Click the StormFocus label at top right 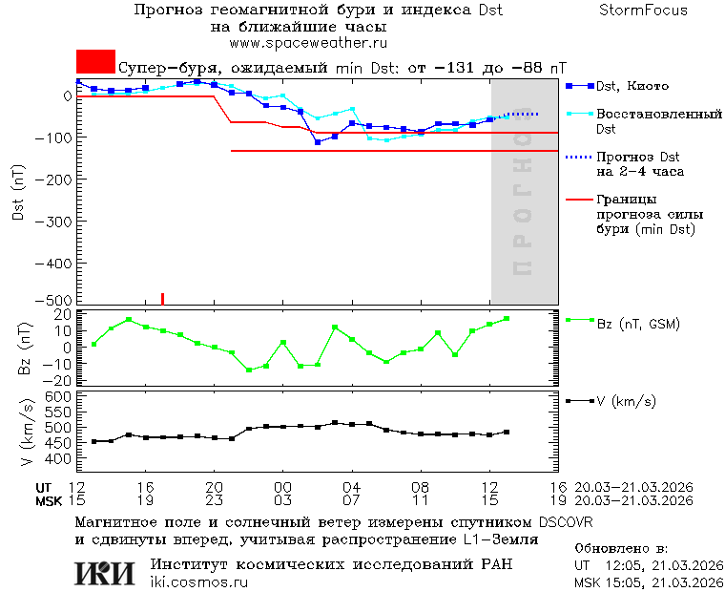643,11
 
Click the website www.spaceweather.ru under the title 307,43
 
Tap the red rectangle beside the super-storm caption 95,62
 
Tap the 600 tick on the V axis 60,395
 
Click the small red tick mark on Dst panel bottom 162,298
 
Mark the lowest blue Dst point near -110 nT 318,142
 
